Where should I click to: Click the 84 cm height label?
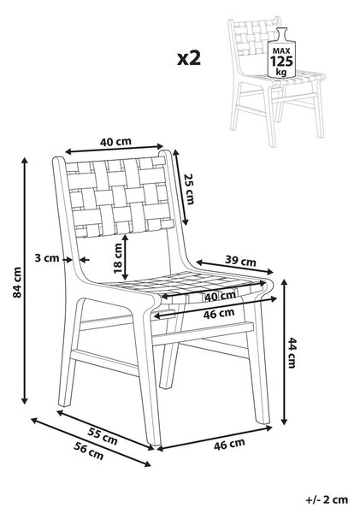(x=17, y=282)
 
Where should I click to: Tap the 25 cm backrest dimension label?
(x=189, y=189)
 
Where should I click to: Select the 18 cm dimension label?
(x=117, y=258)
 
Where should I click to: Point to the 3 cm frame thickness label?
(x=47, y=258)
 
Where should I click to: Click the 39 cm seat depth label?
(x=240, y=261)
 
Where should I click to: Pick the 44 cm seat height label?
(x=292, y=352)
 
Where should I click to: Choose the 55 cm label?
(x=103, y=436)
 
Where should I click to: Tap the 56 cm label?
(x=88, y=451)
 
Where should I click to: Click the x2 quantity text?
(x=189, y=58)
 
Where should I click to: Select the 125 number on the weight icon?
(x=281, y=62)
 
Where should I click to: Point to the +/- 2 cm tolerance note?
(x=327, y=499)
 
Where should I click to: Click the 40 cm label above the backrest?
(x=115, y=142)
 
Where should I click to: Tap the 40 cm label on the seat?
(x=220, y=297)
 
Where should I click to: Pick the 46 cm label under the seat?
(x=219, y=314)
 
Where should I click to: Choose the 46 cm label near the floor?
(x=229, y=444)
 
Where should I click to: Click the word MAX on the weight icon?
(x=281, y=51)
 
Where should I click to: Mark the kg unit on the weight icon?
(x=280, y=72)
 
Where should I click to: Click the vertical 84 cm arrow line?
(x=25, y=280)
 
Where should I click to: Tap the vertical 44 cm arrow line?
(x=284, y=352)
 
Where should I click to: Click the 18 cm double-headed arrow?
(x=126, y=257)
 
